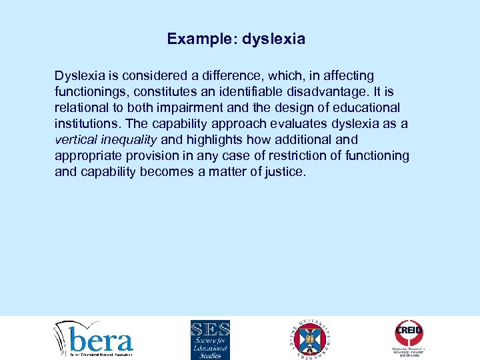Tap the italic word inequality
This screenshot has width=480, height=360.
[129, 140]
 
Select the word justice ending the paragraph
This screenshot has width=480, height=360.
[285, 172]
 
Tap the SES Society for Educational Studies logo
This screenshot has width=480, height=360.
[210, 339]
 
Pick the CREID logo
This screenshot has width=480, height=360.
[409, 337]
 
